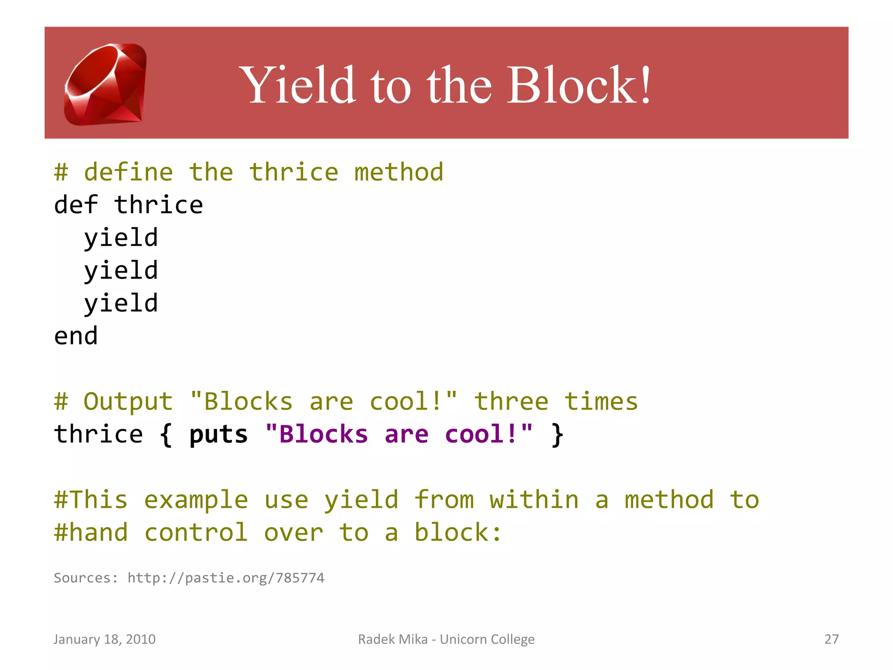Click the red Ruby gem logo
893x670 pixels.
tap(106, 84)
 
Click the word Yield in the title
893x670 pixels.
tap(298, 85)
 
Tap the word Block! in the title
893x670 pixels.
tap(579, 85)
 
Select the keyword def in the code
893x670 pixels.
tap(76, 205)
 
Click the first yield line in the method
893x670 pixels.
tap(121, 238)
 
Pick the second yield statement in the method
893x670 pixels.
tap(121, 271)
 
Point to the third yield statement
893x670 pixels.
tap(121, 304)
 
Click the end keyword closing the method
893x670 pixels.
tap(76, 336)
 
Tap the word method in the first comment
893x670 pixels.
tap(399, 172)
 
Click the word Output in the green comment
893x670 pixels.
tap(128, 402)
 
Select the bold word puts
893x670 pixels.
tap(218, 435)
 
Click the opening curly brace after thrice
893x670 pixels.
tap(166, 435)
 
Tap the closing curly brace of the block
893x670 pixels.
tap(557, 435)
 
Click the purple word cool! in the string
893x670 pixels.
tap(488, 435)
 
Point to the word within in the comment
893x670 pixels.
tap(534, 500)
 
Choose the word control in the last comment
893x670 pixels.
tap(196, 533)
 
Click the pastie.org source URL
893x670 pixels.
tap(226, 578)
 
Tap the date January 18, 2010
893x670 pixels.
tap(104, 639)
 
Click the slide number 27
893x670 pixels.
tap(832, 639)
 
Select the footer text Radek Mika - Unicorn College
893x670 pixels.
tap(446, 639)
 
